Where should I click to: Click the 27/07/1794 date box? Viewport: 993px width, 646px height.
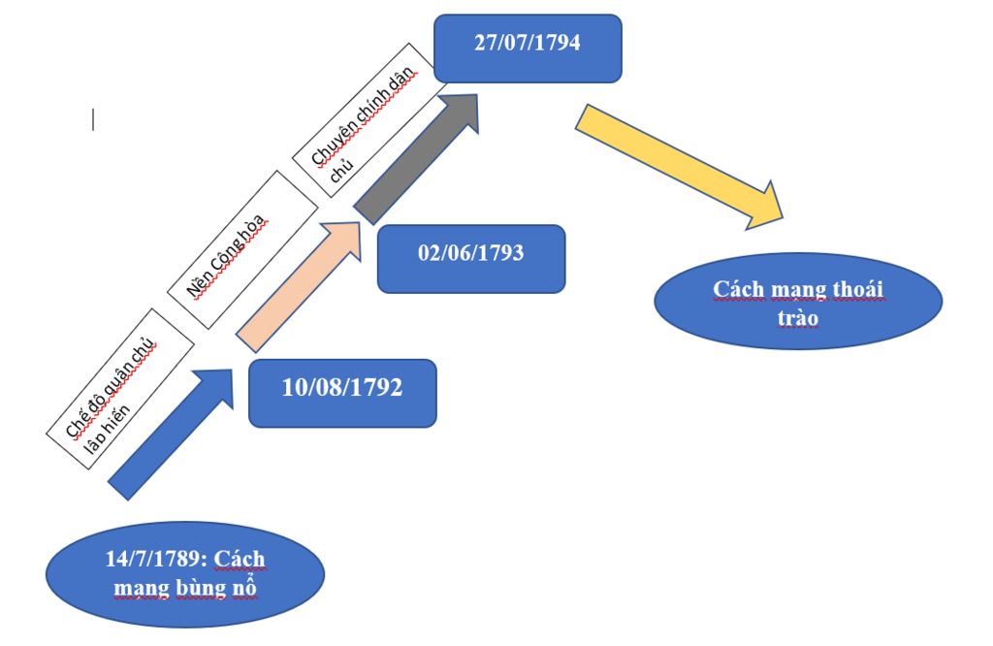click(528, 48)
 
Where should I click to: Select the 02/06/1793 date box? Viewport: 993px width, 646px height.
click(471, 258)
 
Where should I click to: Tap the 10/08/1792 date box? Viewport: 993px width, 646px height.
click(342, 393)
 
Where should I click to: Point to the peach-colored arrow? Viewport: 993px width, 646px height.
click(297, 287)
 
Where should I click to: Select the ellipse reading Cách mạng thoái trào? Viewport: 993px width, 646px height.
click(798, 302)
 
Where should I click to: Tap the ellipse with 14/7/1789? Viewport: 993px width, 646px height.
click(184, 574)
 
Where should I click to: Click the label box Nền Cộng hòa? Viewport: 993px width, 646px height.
click(243, 249)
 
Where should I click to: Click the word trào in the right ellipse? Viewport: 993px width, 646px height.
click(797, 317)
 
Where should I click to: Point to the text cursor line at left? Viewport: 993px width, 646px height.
click(93, 119)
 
